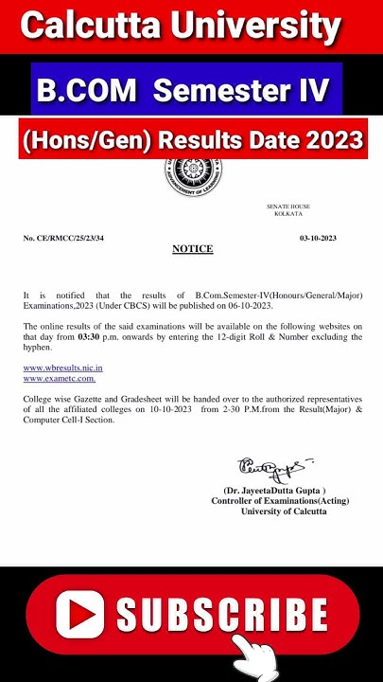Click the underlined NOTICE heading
pos(192,249)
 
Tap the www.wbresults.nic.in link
pos(62,368)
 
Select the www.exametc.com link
pos(59,378)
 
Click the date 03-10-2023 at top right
pos(318,238)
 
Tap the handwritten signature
pos(271,467)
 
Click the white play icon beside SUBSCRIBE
pos(79,614)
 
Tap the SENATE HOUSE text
pos(287,206)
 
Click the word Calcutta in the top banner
pos(93,26)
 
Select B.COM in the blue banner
pos(86,91)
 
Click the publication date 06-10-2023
pos(248,305)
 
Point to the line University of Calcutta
pos(284,511)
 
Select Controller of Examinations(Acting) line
pos(270,501)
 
